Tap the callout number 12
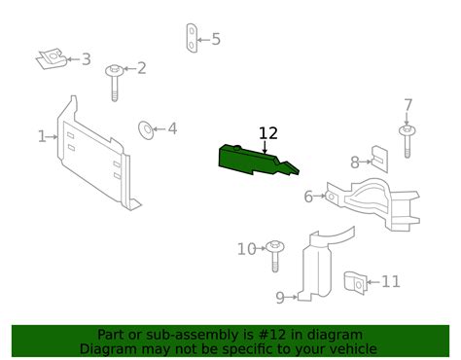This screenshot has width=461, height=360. (x=267, y=134)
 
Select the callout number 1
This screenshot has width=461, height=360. (x=42, y=137)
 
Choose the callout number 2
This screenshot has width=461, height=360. (x=141, y=68)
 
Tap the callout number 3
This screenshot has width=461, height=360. (x=86, y=59)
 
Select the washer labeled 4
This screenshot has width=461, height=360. (x=146, y=128)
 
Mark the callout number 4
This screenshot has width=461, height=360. (x=172, y=128)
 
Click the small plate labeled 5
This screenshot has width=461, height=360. (x=192, y=40)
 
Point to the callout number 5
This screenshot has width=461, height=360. (x=216, y=40)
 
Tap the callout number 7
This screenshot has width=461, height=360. (x=408, y=105)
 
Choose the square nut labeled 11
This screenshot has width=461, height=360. (x=358, y=282)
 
